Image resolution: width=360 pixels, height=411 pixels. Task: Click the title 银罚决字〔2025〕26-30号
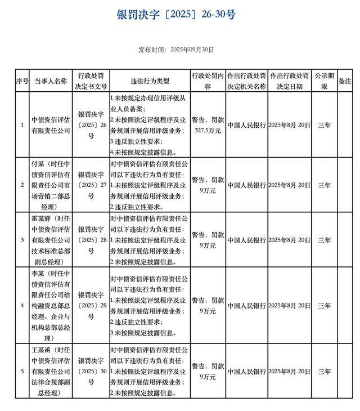(x=176, y=15)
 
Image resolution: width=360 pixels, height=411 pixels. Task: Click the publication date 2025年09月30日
(x=176, y=50)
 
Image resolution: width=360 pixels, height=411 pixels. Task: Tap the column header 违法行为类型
(x=150, y=81)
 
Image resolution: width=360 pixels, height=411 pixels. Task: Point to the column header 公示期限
(x=324, y=81)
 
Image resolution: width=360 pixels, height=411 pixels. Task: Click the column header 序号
(x=22, y=81)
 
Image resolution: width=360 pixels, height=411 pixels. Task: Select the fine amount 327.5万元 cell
(x=208, y=124)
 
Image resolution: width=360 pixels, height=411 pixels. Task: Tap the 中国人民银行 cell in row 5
(x=246, y=372)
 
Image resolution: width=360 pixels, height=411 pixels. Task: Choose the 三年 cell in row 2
(x=324, y=185)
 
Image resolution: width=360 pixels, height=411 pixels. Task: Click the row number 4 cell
(x=22, y=306)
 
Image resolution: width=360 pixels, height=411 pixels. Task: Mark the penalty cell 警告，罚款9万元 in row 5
(x=208, y=372)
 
